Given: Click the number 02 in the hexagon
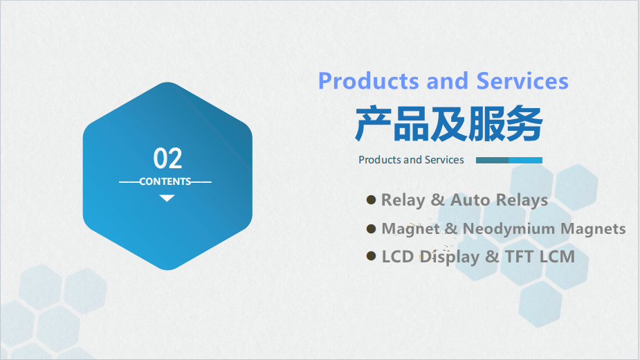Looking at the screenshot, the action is coord(167,158).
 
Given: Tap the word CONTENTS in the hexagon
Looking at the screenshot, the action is coord(165,181).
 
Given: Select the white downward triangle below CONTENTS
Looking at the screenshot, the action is coord(167,198).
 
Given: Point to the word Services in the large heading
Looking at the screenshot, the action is coord(522,81).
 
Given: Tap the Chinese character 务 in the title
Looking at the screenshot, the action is coord(524,123).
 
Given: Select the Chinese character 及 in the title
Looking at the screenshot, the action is coord(448,123).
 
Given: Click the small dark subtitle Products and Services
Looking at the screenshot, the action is coord(411,160).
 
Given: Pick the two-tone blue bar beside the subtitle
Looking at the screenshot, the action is coord(509,160).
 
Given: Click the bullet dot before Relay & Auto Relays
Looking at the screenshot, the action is coord(371,200).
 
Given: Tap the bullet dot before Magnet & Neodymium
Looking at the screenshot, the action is coord(371,228).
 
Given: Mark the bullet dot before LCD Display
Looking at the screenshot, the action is coord(371,256).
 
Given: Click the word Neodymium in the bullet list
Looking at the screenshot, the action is coord(509,229).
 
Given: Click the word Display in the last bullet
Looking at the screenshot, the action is coord(450,258).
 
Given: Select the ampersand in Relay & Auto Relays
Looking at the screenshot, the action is coord(437,200).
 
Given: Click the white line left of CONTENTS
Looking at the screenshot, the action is coord(129,182).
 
